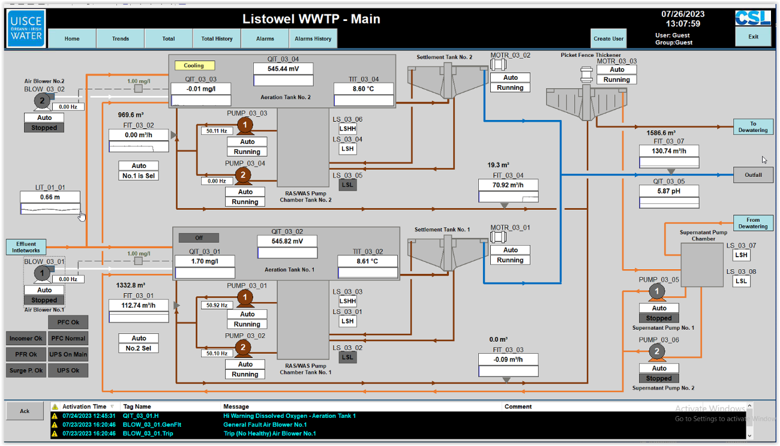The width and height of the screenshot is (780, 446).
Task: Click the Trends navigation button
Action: [120, 38]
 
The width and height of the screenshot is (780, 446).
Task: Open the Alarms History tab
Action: [313, 38]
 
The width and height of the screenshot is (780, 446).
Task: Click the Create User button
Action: [608, 38]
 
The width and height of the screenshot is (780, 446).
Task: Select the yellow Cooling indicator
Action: [194, 65]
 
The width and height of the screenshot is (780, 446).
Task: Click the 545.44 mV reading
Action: [283, 69]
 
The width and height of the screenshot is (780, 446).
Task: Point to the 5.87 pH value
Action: [668, 191]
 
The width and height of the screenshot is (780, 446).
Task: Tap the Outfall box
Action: [753, 175]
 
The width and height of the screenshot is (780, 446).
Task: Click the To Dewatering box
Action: [753, 126]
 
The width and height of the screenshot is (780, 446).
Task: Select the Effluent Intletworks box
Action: [26, 247]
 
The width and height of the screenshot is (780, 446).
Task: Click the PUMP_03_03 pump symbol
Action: [245, 125]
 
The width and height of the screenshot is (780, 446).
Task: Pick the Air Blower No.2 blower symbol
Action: [42, 101]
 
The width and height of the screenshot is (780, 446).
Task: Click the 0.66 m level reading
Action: [50, 197]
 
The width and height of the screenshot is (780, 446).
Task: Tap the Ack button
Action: [25, 411]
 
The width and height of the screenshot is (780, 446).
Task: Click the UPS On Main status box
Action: [68, 354]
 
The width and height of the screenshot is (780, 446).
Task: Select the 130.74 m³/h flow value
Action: [668, 151]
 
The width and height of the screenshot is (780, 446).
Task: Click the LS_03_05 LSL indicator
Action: [347, 185]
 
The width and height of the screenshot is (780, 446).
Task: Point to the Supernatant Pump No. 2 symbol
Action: [657, 352]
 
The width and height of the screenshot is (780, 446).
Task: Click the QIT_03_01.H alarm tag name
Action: [140, 415]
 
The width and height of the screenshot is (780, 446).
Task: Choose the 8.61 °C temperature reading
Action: [367, 261]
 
